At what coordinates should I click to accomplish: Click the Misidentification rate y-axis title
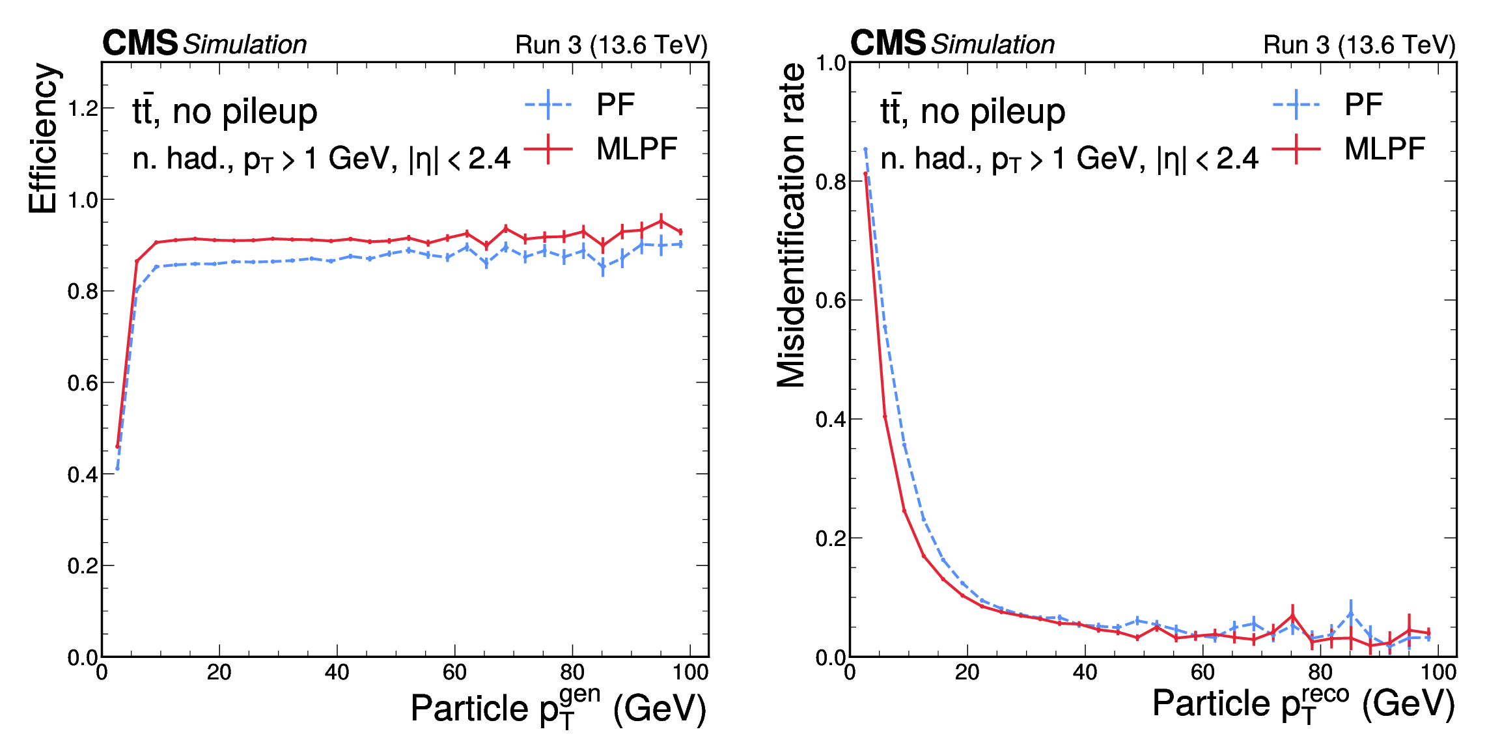tap(791, 225)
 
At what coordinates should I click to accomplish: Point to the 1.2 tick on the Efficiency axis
tap(83, 108)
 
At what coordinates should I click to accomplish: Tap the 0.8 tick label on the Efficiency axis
tap(83, 292)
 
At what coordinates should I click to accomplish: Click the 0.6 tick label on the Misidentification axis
tap(831, 301)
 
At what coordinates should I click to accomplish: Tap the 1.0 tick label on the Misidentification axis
tap(831, 63)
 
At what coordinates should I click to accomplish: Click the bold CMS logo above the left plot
tap(140, 43)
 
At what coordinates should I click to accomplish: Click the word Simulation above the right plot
tap(993, 44)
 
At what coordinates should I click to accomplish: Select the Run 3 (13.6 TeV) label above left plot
tap(611, 45)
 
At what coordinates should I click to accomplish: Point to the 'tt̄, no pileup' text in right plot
tap(973, 111)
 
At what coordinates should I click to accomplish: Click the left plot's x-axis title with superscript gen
tap(558, 707)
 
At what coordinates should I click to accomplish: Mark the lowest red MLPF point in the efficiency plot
tap(117, 446)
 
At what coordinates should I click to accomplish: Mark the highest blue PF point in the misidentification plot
tap(865, 150)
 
